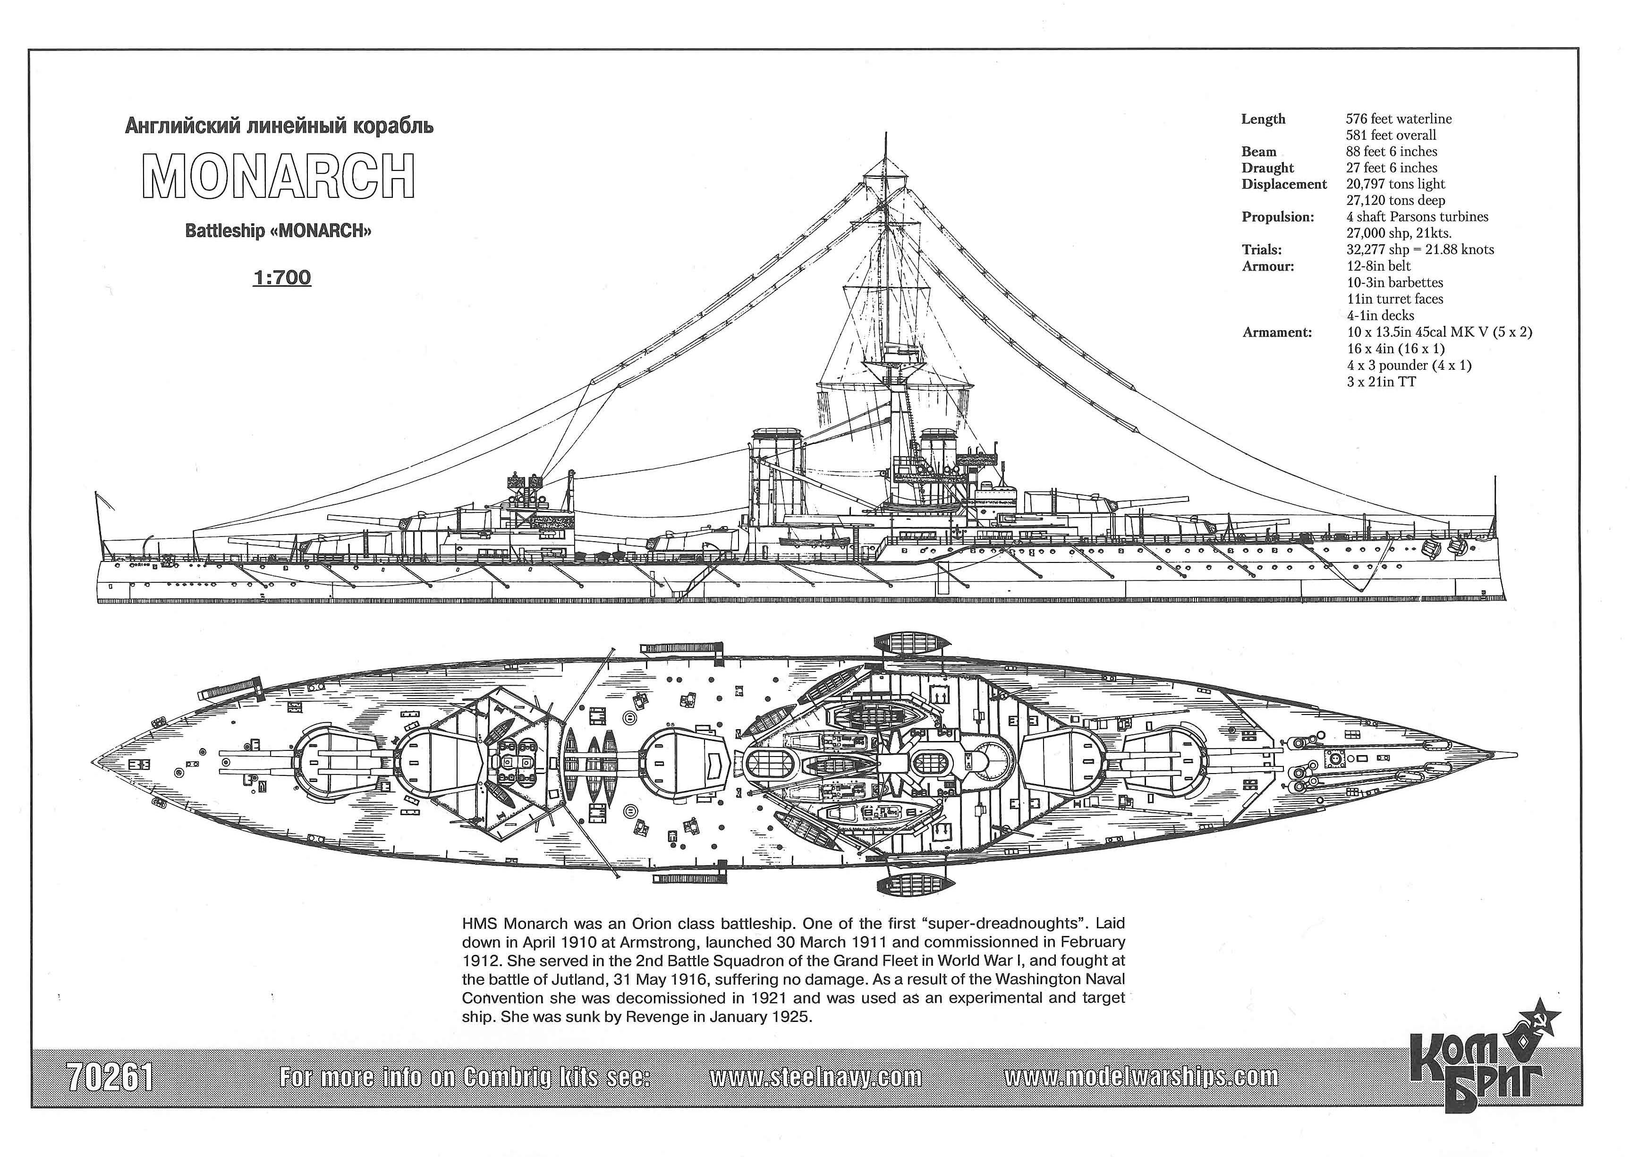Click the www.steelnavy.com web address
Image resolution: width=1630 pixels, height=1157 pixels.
point(816,1077)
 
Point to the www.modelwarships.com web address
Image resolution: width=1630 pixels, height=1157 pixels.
point(1141,1077)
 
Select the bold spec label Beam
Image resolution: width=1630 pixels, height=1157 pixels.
point(1259,152)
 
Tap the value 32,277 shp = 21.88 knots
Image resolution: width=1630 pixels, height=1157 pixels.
point(1420,249)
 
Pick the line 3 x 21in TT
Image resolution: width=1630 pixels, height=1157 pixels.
point(1381,382)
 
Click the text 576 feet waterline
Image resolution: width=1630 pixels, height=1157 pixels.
point(1399,119)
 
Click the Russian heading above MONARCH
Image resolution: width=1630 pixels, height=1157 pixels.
point(279,127)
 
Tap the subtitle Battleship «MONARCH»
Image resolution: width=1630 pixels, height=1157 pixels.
point(279,231)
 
